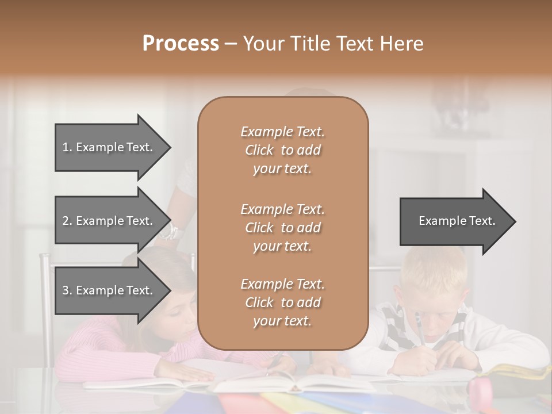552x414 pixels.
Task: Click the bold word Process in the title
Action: (181, 44)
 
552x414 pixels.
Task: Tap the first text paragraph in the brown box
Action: (282, 150)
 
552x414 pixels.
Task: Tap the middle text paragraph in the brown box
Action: (282, 228)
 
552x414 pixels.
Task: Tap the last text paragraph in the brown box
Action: (282, 302)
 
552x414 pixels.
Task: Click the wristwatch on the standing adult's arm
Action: (170, 233)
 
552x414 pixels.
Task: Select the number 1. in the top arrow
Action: (67, 147)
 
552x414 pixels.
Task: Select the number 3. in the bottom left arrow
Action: (67, 290)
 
